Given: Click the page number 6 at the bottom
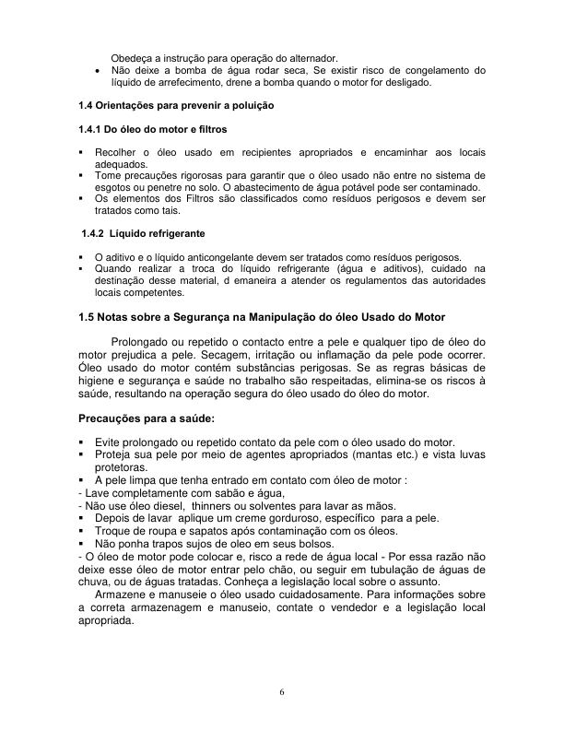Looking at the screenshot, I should pos(282,692).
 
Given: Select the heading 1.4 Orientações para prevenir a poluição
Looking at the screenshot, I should pos(176,106).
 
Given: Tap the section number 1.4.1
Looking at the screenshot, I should pos(91,129).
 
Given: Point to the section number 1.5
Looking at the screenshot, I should pos(88,317).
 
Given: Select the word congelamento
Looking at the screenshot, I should pos(427,70).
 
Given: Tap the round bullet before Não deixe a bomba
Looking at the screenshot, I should pos(99,70).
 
